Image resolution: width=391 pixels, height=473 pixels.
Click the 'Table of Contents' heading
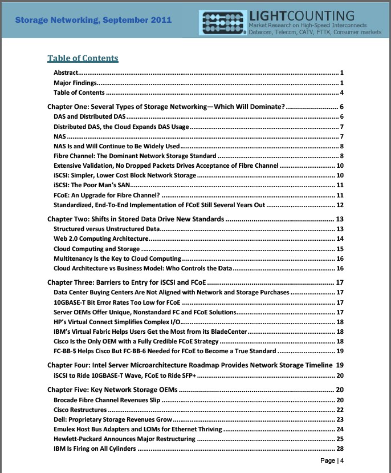click(x=83, y=58)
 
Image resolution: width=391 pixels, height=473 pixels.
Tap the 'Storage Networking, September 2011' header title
click(x=93, y=20)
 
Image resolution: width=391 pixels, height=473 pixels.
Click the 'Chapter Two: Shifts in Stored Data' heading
click(x=137, y=219)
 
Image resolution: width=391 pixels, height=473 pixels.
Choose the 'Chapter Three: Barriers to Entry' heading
click(x=126, y=282)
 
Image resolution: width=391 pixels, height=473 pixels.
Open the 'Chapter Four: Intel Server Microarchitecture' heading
click(x=189, y=365)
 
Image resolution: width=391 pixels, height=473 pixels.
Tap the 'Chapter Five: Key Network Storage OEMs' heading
click(x=112, y=390)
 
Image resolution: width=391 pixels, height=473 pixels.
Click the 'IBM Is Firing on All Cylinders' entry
click(x=95, y=449)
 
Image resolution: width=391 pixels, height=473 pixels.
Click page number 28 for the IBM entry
click(x=340, y=449)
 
